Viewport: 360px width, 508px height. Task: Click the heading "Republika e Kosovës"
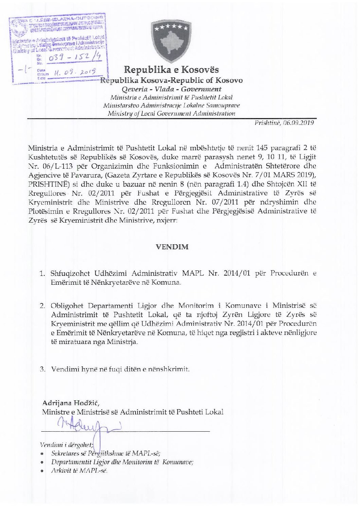coord(171,70)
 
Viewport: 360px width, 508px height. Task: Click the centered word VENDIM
coord(172,247)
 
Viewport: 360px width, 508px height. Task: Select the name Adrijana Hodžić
coord(70,403)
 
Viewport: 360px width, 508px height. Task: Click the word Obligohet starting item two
coord(67,305)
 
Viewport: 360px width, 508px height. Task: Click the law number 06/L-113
coord(56,166)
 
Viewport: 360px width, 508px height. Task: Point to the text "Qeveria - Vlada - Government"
coord(171,89)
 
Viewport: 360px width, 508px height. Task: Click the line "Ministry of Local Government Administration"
coord(171,114)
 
